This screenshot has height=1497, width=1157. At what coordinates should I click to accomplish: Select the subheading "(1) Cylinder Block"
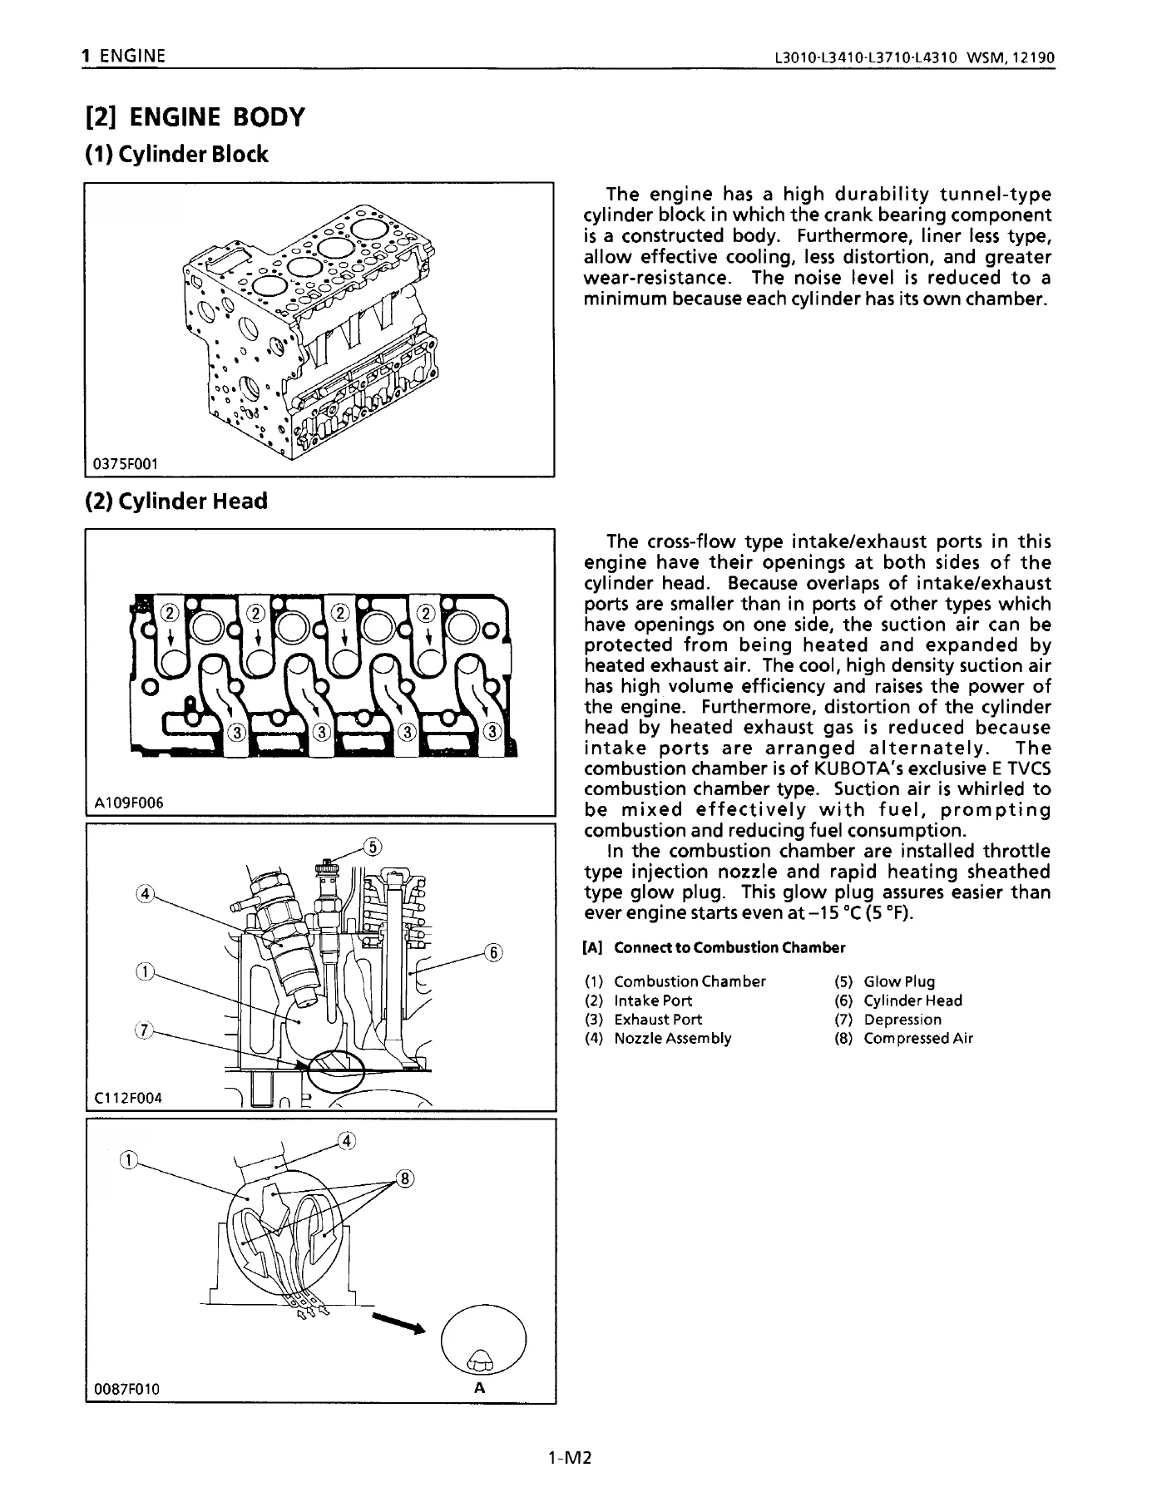pos(177,155)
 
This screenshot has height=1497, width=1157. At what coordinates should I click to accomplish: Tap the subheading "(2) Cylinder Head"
pos(176,501)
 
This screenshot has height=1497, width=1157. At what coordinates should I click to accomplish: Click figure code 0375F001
pos(125,463)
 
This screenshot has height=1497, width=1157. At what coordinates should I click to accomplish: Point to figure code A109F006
pos(129,803)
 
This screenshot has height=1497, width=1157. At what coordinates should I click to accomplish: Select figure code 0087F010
pos(127,1389)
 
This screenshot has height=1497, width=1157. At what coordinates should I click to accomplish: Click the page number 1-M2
pos(570,1458)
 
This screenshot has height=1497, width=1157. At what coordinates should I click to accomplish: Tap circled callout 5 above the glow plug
pos(373,847)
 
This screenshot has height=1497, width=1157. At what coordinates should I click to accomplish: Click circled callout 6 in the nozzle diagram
pos(493,953)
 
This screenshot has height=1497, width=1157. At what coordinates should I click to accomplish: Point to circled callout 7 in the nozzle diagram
pos(144,1031)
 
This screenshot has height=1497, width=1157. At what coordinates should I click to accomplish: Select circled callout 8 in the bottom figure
pos(405,1178)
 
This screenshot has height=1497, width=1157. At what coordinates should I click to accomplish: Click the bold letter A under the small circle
pos(479,1388)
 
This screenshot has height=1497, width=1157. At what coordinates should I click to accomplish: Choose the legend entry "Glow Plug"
pos(899,982)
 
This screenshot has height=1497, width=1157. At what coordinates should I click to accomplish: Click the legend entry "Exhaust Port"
pos(658,1020)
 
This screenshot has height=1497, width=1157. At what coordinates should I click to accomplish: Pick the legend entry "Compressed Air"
pos(918,1039)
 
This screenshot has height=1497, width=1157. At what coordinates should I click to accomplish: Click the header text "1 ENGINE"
pos(123,57)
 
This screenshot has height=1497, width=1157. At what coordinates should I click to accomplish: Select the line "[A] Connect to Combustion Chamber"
pos(714,948)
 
